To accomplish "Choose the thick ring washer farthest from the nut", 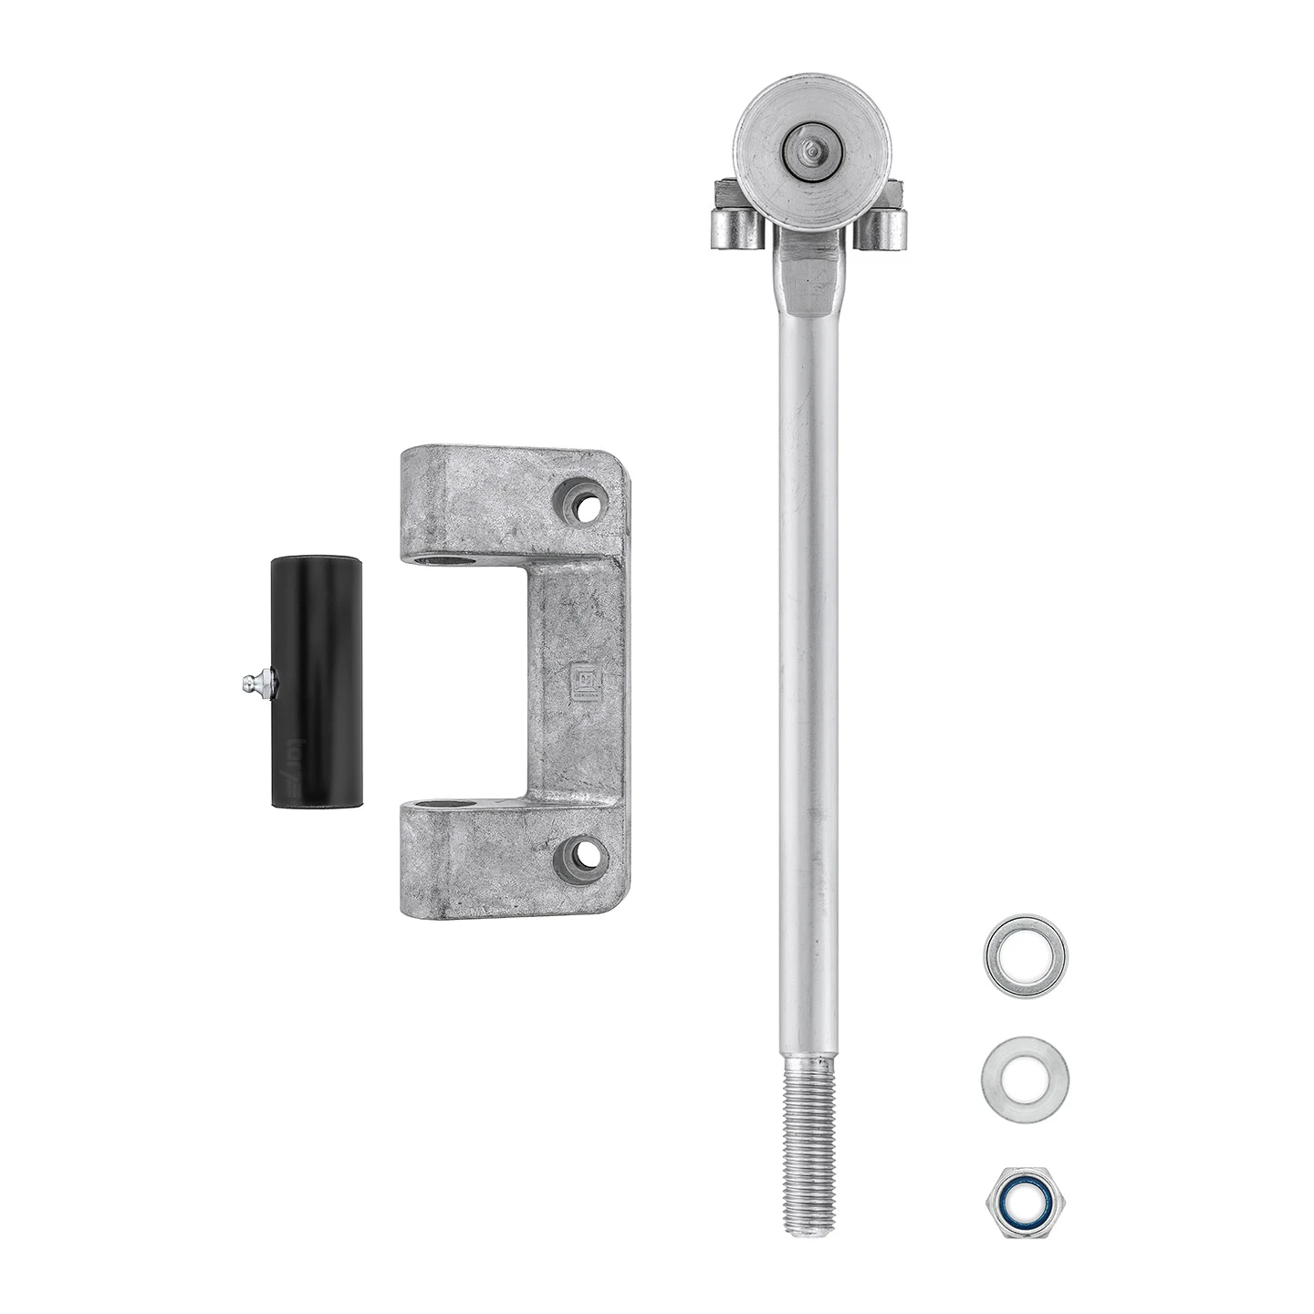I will coord(1026,955).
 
